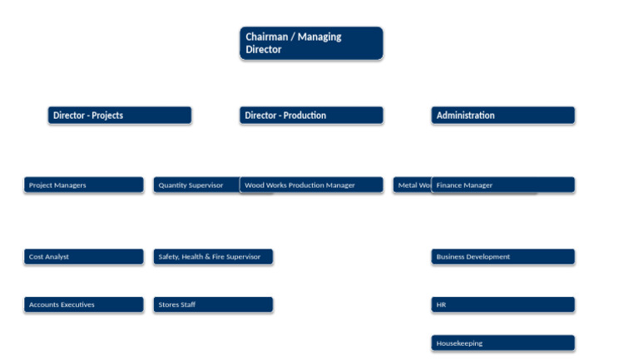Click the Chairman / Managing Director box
pos(311,43)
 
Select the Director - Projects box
pos(120,116)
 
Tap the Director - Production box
pos(311,116)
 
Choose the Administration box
pos(503,116)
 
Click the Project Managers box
pos(83,185)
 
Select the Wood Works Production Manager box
pos(311,185)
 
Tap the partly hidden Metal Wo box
pos(412,185)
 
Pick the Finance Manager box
pos(503,185)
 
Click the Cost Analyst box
pos(83,257)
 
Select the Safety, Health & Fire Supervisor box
pos(213,257)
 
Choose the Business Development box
pos(503,257)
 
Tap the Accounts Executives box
pos(83,305)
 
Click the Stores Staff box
pos(213,305)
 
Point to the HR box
pos(503,305)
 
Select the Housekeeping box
pos(503,343)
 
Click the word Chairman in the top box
pos(266,37)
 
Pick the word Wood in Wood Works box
pos(254,185)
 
